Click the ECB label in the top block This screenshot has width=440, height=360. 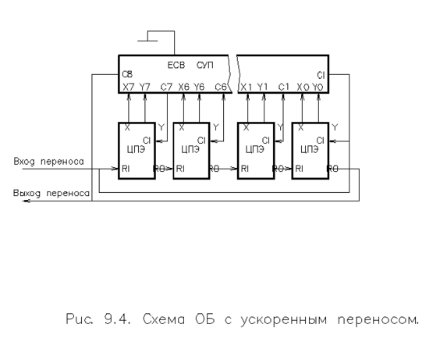tap(176, 65)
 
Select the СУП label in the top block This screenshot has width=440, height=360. tap(205, 65)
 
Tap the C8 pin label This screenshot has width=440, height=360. tap(127, 74)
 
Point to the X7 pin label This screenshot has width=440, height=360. tap(129, 87)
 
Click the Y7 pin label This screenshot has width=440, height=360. tap(145, 87)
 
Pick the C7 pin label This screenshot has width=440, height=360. tap(166, 87)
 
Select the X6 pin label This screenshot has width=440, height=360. tap(184, 87)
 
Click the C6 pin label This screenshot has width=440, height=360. tap(221, 87)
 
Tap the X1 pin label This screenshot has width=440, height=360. tap(247, 87)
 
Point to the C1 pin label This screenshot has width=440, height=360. tap(283, 87)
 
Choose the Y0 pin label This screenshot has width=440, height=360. tap(318, 87)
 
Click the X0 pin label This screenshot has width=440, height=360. tap(303, 87)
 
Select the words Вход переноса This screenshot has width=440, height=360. tap(49, 162)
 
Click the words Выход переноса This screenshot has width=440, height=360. tap(51, 193)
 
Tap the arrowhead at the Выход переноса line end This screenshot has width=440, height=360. tap(25, 201)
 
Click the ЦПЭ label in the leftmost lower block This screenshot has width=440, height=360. tap(136, 150)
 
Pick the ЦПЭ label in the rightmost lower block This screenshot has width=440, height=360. tap(310, 150)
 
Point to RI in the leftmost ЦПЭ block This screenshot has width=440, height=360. tap(126, 169)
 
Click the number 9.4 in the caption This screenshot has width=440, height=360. tap(117, 319)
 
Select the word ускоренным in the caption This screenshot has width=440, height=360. tap(283, 320)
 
